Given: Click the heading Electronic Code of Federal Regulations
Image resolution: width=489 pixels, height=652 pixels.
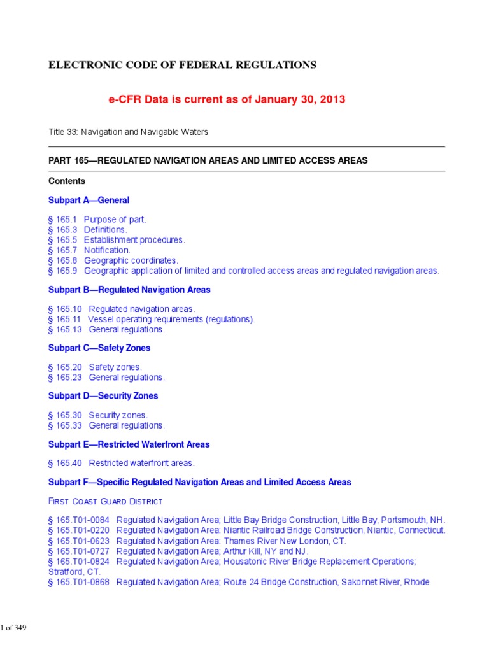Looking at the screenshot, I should [x=182, y=65].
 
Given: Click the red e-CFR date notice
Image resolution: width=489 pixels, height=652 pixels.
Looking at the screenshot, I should [x=219, y=99].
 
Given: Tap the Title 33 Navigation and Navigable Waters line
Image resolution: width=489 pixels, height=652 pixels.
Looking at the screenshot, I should [x=128, y=132].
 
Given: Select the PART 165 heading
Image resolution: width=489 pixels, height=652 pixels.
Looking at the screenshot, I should [x=208, y=160].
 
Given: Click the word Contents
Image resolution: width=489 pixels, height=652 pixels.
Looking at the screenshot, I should [x=67, y=181].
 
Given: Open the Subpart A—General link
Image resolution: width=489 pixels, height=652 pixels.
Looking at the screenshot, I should [x=89, y=200].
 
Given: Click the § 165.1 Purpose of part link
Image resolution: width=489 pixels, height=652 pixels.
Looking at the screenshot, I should [x=97, y=220].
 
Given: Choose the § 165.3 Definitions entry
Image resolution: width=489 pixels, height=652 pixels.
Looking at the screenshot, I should [x=87, y=230].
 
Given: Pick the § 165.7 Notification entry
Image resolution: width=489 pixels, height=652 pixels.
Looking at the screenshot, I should [x=89, y=250].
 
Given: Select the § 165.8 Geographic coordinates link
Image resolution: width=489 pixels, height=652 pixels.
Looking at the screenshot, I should [x=113, y=260].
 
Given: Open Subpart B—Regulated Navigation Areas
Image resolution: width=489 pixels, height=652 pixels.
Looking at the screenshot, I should [x=129, y=290].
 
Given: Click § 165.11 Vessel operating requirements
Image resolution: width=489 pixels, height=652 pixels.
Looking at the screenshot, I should [x=151, y=320].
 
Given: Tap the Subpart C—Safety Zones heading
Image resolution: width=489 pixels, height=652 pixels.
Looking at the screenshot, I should [x=99, y=348].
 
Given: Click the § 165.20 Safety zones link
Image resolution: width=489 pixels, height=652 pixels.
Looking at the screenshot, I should [x=95, y=367].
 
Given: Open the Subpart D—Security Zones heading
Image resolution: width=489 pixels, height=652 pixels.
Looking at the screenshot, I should [x=103, y=396].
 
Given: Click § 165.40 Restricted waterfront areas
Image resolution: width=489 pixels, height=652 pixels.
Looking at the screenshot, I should [x=121, y=463].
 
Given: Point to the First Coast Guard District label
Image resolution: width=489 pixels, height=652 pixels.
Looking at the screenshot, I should [x=105, y=502].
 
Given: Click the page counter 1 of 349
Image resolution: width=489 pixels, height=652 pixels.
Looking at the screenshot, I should [x=13, y=628].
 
